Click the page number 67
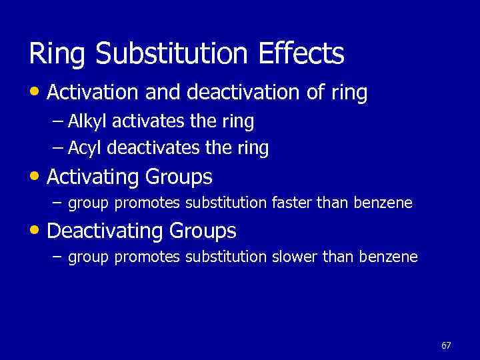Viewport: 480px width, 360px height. tap(446, 345)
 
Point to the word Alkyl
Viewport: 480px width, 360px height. tap(90, 122)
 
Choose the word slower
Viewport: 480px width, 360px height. tap(293, 257)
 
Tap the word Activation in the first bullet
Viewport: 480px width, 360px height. tap(94, 93)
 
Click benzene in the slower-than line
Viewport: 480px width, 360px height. tap(389, 257)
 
